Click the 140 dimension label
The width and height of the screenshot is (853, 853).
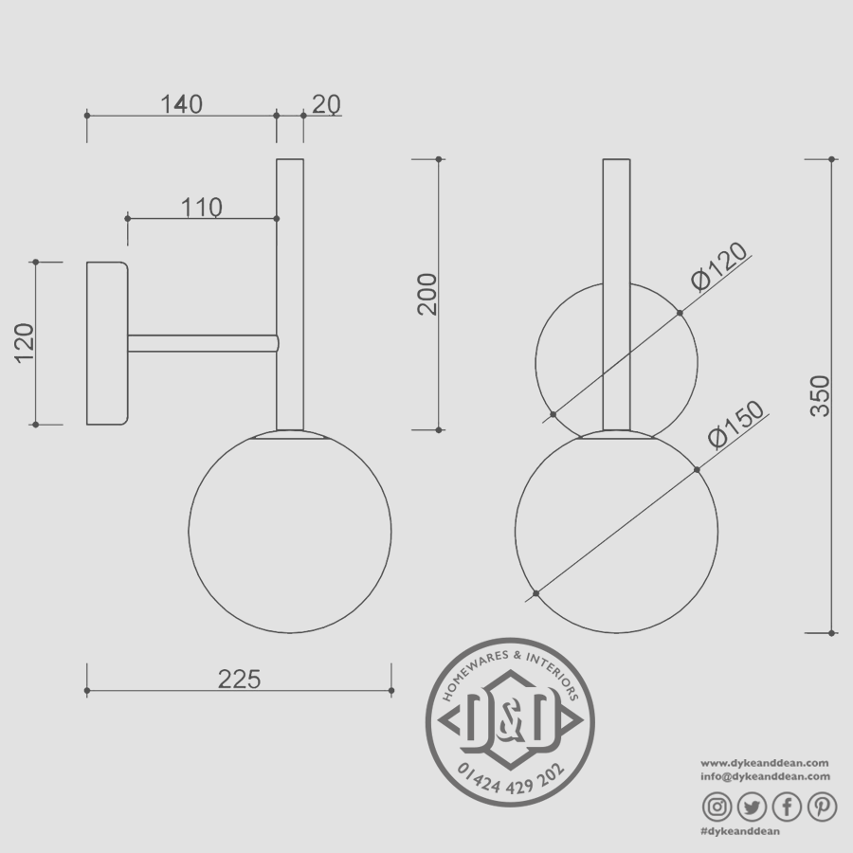(181, 104)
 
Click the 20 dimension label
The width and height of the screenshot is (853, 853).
(325, 104)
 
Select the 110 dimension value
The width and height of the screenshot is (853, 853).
(202, 208)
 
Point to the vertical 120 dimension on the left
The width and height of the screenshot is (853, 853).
(25, 343)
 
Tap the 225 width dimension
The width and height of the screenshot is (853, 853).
(239, 679)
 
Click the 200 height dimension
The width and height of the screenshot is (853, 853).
(427, 294)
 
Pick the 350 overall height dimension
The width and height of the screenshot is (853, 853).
(820, 396)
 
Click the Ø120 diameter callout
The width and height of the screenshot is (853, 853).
(720, 266)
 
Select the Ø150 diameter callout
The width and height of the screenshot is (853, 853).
(735, 425)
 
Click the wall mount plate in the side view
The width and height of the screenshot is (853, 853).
(107, 343)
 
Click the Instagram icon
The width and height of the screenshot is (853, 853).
(717, 807)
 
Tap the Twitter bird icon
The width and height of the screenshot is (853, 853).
(752, 807)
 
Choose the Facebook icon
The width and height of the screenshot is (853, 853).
(787, 807)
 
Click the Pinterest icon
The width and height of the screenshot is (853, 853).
(822, 807)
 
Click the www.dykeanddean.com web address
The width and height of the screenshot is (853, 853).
(765, 763)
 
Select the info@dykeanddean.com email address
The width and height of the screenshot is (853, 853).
(765, 776)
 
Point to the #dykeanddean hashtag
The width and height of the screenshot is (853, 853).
(739, 831)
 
